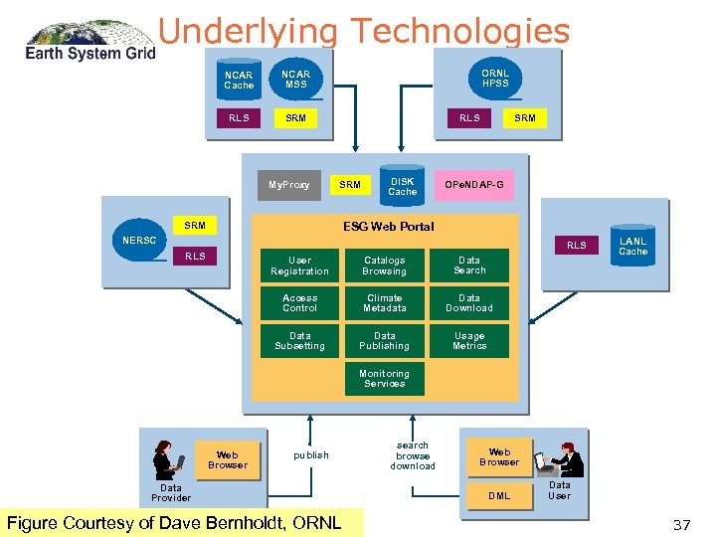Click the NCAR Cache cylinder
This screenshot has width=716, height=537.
(x=239, y=80)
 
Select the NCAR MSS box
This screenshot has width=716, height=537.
(x=295, y=80)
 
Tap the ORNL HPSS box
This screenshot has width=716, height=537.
(x=494, y=79)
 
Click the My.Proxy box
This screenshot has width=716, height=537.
(x=289, y=185)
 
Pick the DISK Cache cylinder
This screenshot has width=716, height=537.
(x=402, y=185)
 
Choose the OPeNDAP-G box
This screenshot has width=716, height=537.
(x=473, y=185)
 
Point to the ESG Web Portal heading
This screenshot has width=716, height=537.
(x=388, y=227)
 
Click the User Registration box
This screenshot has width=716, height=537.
(x=299, y=266)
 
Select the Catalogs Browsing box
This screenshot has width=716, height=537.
(x=384, y=266)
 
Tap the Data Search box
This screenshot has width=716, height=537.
(x=469, y=266)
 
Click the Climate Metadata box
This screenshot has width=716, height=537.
(x=384, y=303)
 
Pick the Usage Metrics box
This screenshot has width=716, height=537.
(x=469, y=341)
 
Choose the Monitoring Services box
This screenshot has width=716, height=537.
(x=384, y=379)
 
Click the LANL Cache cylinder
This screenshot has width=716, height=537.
(x=632, y=247)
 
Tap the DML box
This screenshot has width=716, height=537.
(x=499, y=495)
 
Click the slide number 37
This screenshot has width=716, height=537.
(x=681, y=524)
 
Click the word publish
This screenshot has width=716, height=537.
(x=310, y=455)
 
